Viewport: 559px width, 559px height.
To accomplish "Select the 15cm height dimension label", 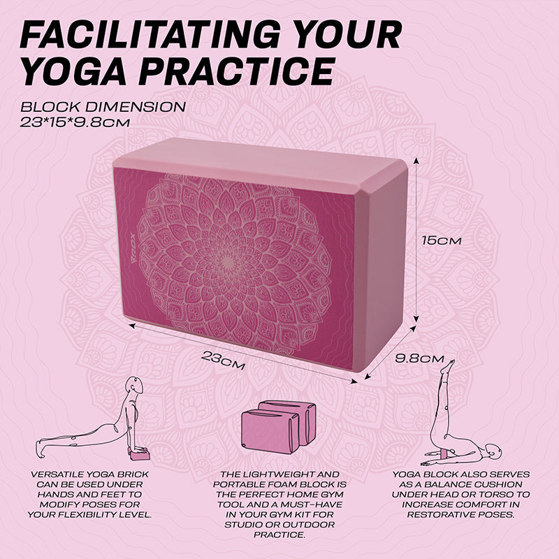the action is pyautogui.click(x=442, y=240).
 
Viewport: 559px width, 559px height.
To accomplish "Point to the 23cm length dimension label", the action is pyautogui.click(x=223, y=360).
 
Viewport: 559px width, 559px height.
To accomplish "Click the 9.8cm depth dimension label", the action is pyautogui.click(x=420, y=358).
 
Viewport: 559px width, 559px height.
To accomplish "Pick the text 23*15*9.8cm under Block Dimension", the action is pyautogui.click(x=75, y=123).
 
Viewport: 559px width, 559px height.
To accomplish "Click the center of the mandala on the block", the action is pyautogui.click(x=228, y=263).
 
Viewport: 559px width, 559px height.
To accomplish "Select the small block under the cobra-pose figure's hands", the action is pyautogui.click(x=138, y=455).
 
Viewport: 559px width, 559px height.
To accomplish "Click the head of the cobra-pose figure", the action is pyautogui.click(x=136, y=386).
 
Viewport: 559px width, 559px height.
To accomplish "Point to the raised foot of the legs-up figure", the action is pyautogui.click(x=450, y=366).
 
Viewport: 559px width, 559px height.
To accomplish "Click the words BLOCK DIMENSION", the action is pyautogui.click(x=103, y=107).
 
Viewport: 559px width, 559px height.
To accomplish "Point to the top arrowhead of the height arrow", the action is pyautogui.click(x=415, y=161).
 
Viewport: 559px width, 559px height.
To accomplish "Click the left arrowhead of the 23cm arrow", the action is pyautogui.click(x=132, y=325).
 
